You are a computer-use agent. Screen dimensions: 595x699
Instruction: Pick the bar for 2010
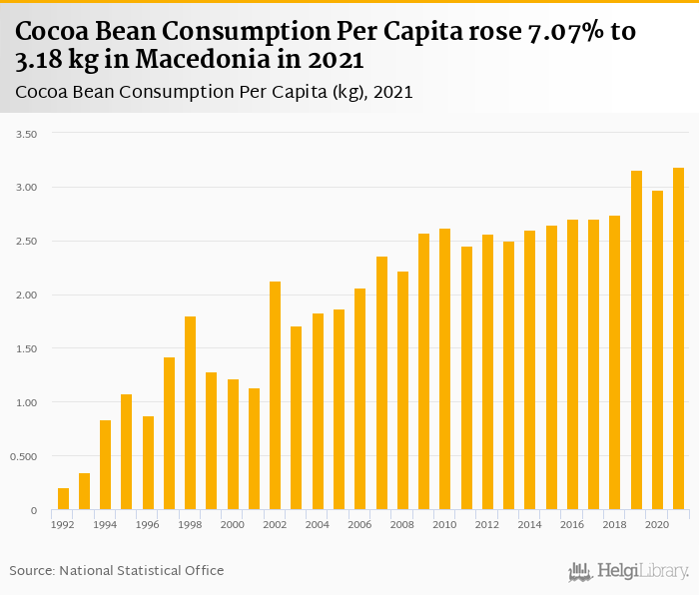click(x=444, y=369)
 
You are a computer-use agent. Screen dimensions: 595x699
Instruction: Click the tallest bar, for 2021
click(x=678, y=339)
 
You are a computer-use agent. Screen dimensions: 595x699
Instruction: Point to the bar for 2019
click(x=636, y=340)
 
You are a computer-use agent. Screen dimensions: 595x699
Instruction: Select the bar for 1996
click(x=148, y=463)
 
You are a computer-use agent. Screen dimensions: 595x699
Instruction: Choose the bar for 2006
click(x=359, y=399)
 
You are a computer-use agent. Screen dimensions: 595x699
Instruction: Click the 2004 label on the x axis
click(x=318, y=525)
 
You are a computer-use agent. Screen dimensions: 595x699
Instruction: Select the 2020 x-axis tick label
click(x=657, y=525)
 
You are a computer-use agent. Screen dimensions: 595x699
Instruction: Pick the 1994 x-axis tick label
click(x=106, y=525)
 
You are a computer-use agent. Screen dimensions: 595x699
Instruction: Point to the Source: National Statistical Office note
click(x=117, y=571)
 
